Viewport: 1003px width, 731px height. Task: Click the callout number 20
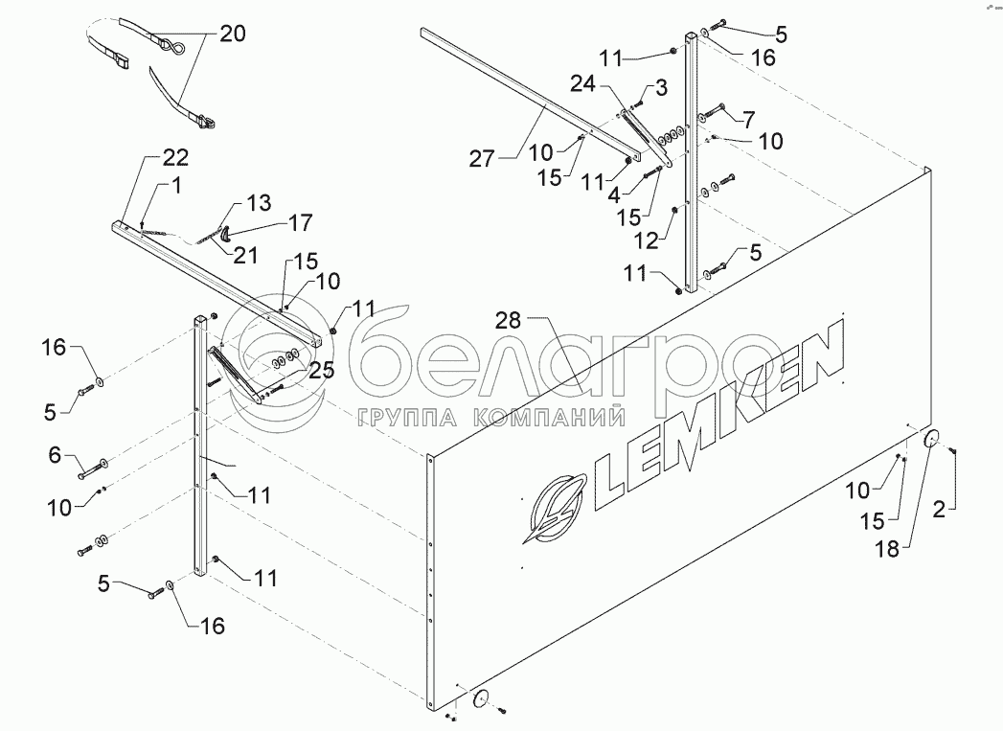[232, 34]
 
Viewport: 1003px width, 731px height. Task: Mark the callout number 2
[941, 510]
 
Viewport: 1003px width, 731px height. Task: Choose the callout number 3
[661, 89]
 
